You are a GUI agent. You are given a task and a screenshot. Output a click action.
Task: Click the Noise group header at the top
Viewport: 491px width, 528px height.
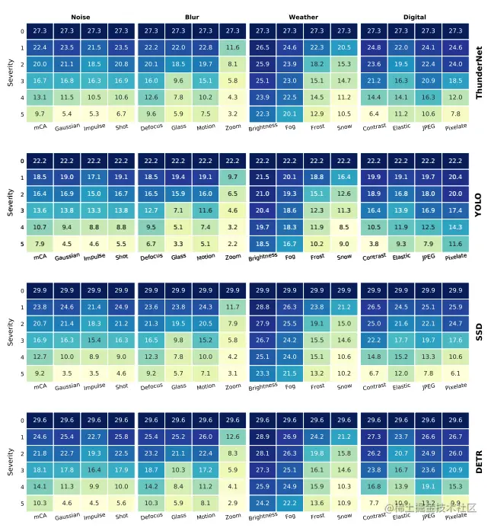(x=80, y=17)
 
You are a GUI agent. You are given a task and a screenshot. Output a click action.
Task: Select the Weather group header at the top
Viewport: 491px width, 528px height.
(x=303, y=17)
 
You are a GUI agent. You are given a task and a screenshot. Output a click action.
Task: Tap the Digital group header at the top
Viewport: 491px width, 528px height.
(x=415, y=17)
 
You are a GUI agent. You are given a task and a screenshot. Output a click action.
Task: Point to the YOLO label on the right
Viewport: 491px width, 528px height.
(x=479, y=203)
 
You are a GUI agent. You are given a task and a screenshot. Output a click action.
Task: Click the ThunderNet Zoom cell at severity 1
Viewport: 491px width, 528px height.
(x=233, y=47)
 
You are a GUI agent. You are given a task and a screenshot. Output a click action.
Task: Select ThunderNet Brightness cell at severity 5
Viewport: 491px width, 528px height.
(x=262, y=114)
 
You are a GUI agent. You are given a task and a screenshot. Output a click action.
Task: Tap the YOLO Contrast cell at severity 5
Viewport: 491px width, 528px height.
(x=374, y=244)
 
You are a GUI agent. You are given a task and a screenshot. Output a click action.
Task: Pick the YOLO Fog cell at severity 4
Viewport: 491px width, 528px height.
(x=289, y=227)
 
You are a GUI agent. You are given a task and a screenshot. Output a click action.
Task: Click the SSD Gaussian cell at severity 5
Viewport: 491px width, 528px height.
(x=67, y=374)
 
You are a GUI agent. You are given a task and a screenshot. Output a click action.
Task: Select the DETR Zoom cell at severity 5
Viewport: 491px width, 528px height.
(x=233, y=504)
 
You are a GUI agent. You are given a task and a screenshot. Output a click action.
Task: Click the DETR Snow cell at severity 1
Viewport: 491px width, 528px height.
(x=345, y=437)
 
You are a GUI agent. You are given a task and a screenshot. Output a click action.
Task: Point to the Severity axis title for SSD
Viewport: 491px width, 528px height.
(x=10, y=331)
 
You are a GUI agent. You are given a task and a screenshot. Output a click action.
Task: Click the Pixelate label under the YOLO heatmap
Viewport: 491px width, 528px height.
(x=455, y=257)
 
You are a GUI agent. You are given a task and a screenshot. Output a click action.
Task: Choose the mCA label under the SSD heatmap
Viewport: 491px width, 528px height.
(x=40, y=386)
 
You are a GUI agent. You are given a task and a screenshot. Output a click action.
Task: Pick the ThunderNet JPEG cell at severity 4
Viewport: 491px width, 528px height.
(x=429, y=97)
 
